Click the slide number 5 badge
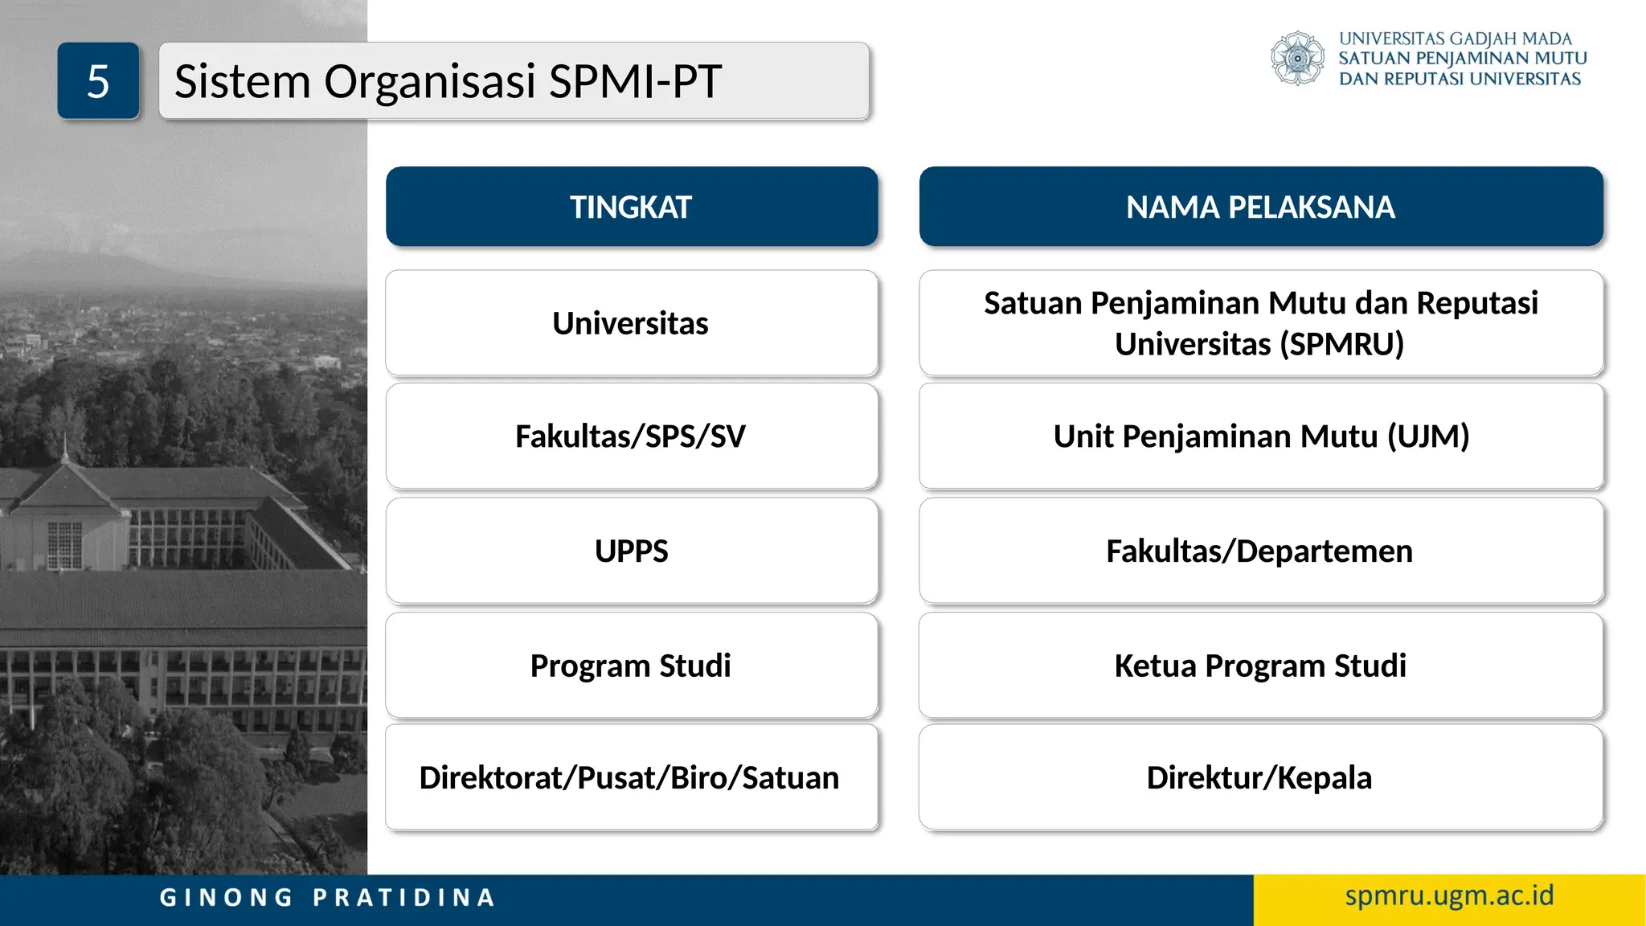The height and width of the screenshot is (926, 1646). (98, 81)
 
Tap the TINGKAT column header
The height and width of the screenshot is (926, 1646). (631, 207)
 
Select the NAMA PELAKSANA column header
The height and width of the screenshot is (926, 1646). (1260, 207)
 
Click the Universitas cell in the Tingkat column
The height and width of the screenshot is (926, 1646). (631, 323)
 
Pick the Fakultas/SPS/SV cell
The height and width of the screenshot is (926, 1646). (631, 436)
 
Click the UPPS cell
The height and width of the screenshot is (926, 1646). (631, 551)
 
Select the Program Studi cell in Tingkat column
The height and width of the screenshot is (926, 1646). (631, 666)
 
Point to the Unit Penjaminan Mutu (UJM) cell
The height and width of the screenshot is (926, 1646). (1260, 436)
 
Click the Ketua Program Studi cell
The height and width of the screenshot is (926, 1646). (1259, 666)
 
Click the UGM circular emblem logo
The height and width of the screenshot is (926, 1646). (1297, 59)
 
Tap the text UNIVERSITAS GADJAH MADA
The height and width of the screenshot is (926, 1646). (1455, 39)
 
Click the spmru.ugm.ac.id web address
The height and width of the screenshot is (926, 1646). (1449, 895)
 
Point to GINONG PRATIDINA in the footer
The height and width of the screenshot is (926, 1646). (327, 897)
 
